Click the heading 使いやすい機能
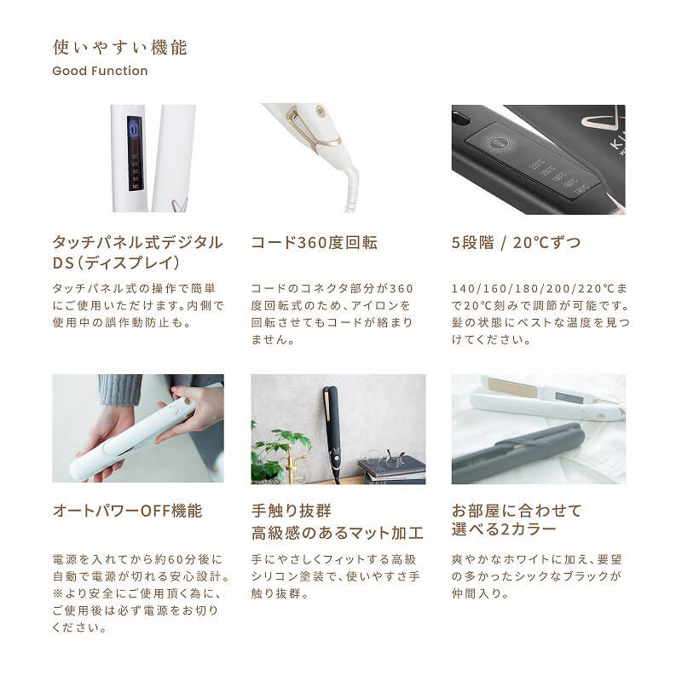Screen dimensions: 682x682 pyautogui.click(x=119, y=47)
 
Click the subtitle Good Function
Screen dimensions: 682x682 pyautogui.click(x=100, y=71)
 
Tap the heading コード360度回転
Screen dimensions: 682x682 pyautogui.click(x=314, y=243)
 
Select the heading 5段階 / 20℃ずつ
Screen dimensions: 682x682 pyautogui.click(x=517, y=243)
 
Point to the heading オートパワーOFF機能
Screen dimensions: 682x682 pyautogui.click(x=128, y=511)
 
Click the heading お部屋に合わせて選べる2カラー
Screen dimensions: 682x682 pyautogui.click(x=517, y=520)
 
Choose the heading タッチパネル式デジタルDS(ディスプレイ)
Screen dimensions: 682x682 pyautogui.click(x=137, y=252)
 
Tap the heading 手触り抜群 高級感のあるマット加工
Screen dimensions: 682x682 pyautogui.click(x=337, y=522)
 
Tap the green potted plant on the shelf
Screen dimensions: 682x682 pyautogui.click(x=281, y=448)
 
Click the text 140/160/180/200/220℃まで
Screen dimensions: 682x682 pyautogui.click(x=537, y=289)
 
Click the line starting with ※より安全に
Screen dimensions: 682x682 pyautogui.click(x=136, y=593)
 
